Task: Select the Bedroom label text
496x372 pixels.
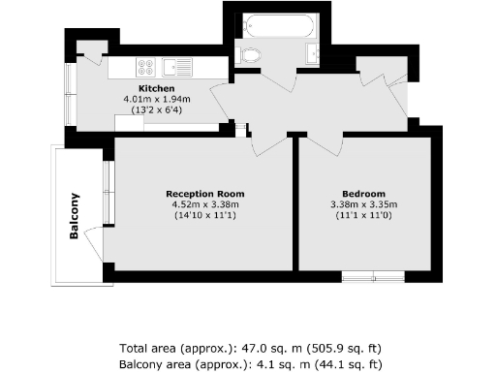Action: pyautogui.click(x=363, y=193)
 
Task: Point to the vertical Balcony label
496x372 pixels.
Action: pyautogui.click(x=74, y=217)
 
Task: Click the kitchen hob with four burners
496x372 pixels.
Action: pyautogui.click(x=146, y=68)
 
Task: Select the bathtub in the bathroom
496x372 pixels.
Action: pyautogui.click(x=276, y=26)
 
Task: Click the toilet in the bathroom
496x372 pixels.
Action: pyautogui.click(x=251, y=54)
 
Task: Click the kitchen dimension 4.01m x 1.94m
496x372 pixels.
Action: pyautogui.click(x=158, y=99)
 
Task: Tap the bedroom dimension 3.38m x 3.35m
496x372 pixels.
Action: pyautogui.click(x=364, y=203)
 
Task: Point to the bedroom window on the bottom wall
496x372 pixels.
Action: pyautogui.click(x=373, y=276)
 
